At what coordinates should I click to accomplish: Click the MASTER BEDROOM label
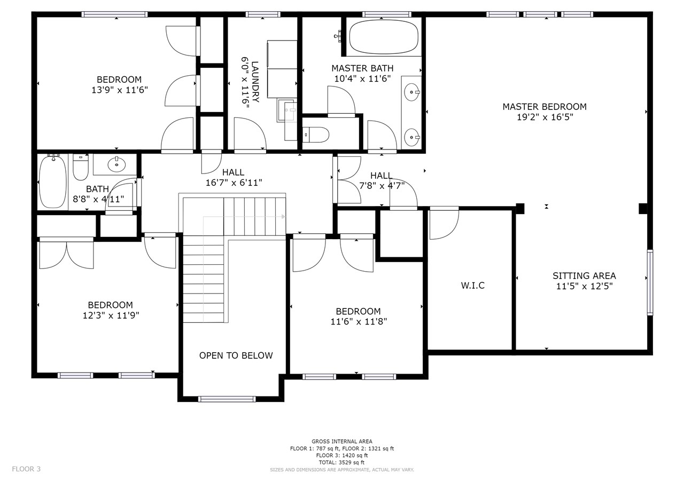point(545,107)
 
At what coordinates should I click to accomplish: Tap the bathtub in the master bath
point(384,37)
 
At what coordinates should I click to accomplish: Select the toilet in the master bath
point(316,134)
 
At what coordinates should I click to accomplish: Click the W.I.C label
point(472,286)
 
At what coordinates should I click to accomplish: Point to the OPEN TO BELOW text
point(236,355)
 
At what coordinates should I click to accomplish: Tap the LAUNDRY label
point(255,82)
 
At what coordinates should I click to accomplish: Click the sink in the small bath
point(116,165)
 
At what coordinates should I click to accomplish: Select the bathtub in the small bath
point(53,182)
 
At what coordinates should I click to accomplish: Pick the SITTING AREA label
point(584,276)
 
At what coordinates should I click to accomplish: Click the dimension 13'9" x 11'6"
point(120,90)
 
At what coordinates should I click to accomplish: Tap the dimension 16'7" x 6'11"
point(234,183)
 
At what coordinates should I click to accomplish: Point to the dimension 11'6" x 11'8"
point(359,321)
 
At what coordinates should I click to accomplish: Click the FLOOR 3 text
point(26,469)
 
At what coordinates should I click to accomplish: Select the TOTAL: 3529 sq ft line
point(341,463)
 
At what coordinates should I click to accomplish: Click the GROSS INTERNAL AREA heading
point(341,441)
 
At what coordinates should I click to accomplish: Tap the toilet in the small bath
point(81,168)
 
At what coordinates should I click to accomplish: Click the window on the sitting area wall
point(650,282)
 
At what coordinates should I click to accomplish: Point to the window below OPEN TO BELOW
point(227,399)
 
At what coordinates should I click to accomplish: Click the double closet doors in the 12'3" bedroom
point(67,253)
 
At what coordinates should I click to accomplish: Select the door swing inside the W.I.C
point(444,224)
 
